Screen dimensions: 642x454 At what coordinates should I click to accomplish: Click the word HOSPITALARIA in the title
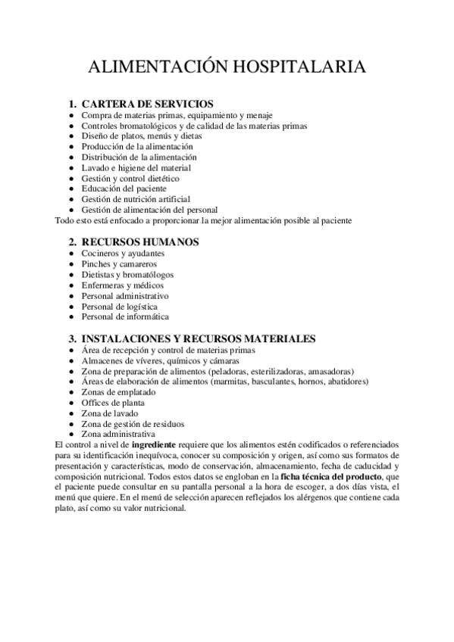(296, 67)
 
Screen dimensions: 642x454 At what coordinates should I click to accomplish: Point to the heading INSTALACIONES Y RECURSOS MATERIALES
(199, 338)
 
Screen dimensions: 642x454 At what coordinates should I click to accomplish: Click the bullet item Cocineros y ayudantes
(122, 253)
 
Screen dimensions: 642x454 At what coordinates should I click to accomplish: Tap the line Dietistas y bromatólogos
(127, 274)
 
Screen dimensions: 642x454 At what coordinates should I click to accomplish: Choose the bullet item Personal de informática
(125, 316)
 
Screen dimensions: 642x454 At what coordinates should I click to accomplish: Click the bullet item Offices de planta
(113, 403)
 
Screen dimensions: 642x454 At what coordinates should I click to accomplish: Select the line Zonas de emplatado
(118, 392)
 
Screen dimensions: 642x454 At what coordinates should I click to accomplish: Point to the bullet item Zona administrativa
(118, 435)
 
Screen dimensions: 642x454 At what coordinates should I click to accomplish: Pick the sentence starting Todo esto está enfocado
(204, 220)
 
